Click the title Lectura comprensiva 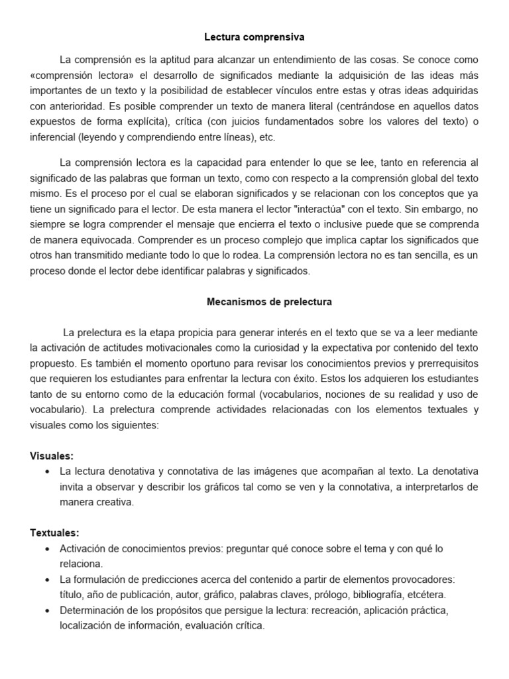click(x=254, y=38)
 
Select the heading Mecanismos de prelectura click(x=269, y=302)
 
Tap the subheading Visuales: click(x=52, y=456)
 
